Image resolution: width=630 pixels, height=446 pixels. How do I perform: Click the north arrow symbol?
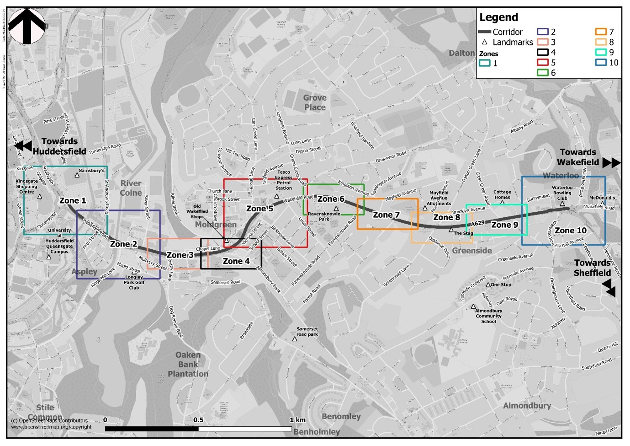point(27,27)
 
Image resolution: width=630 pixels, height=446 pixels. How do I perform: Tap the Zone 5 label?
point(259,209)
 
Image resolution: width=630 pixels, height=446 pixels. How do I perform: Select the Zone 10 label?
point(571,231)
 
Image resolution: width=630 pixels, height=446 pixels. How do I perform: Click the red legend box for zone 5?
point(542,62)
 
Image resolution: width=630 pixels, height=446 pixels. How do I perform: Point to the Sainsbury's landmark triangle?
point(77,175)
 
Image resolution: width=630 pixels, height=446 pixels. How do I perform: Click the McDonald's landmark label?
point(602,198)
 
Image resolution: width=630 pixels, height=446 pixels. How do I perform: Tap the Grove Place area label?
point(315,102)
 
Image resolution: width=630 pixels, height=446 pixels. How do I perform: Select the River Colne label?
point(131,188)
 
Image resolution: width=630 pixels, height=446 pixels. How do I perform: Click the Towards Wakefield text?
point(578,157)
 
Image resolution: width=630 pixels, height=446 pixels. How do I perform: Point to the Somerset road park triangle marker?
point(295,339)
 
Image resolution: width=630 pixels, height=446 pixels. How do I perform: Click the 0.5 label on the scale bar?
point(198,420)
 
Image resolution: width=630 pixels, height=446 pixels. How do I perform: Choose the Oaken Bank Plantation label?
point(188,365)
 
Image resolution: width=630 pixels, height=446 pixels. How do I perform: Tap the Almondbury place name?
point(527,406)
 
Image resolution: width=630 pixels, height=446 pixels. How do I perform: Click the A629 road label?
point(478,223)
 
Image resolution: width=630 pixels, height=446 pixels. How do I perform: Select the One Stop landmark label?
point(501,285)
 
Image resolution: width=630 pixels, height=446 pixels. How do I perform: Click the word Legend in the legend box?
point(498,17)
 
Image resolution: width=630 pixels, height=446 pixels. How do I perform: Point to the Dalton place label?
point(461,53)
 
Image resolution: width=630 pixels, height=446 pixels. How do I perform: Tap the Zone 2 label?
point(123,244)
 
